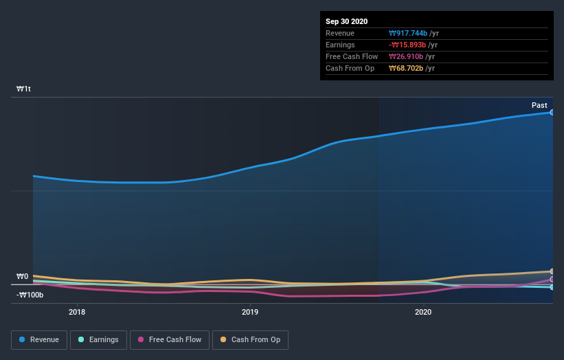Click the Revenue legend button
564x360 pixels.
point(39,339)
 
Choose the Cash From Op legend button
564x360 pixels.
point(250,339)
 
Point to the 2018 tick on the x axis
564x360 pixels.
point(77,312)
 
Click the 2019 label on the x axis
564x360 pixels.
point(250,312)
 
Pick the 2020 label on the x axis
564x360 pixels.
point(423,312)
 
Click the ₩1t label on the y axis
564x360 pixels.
point(24,89)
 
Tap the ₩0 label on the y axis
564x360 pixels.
point(22,277)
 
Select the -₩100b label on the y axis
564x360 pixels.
point(30,295)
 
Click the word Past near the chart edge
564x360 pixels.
point(539,105)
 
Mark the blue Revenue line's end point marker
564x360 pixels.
point(552,112)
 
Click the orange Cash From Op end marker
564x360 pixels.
point(552,271)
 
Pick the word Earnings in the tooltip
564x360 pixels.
point(341,45)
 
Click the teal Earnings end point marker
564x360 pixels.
point(552,287)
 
